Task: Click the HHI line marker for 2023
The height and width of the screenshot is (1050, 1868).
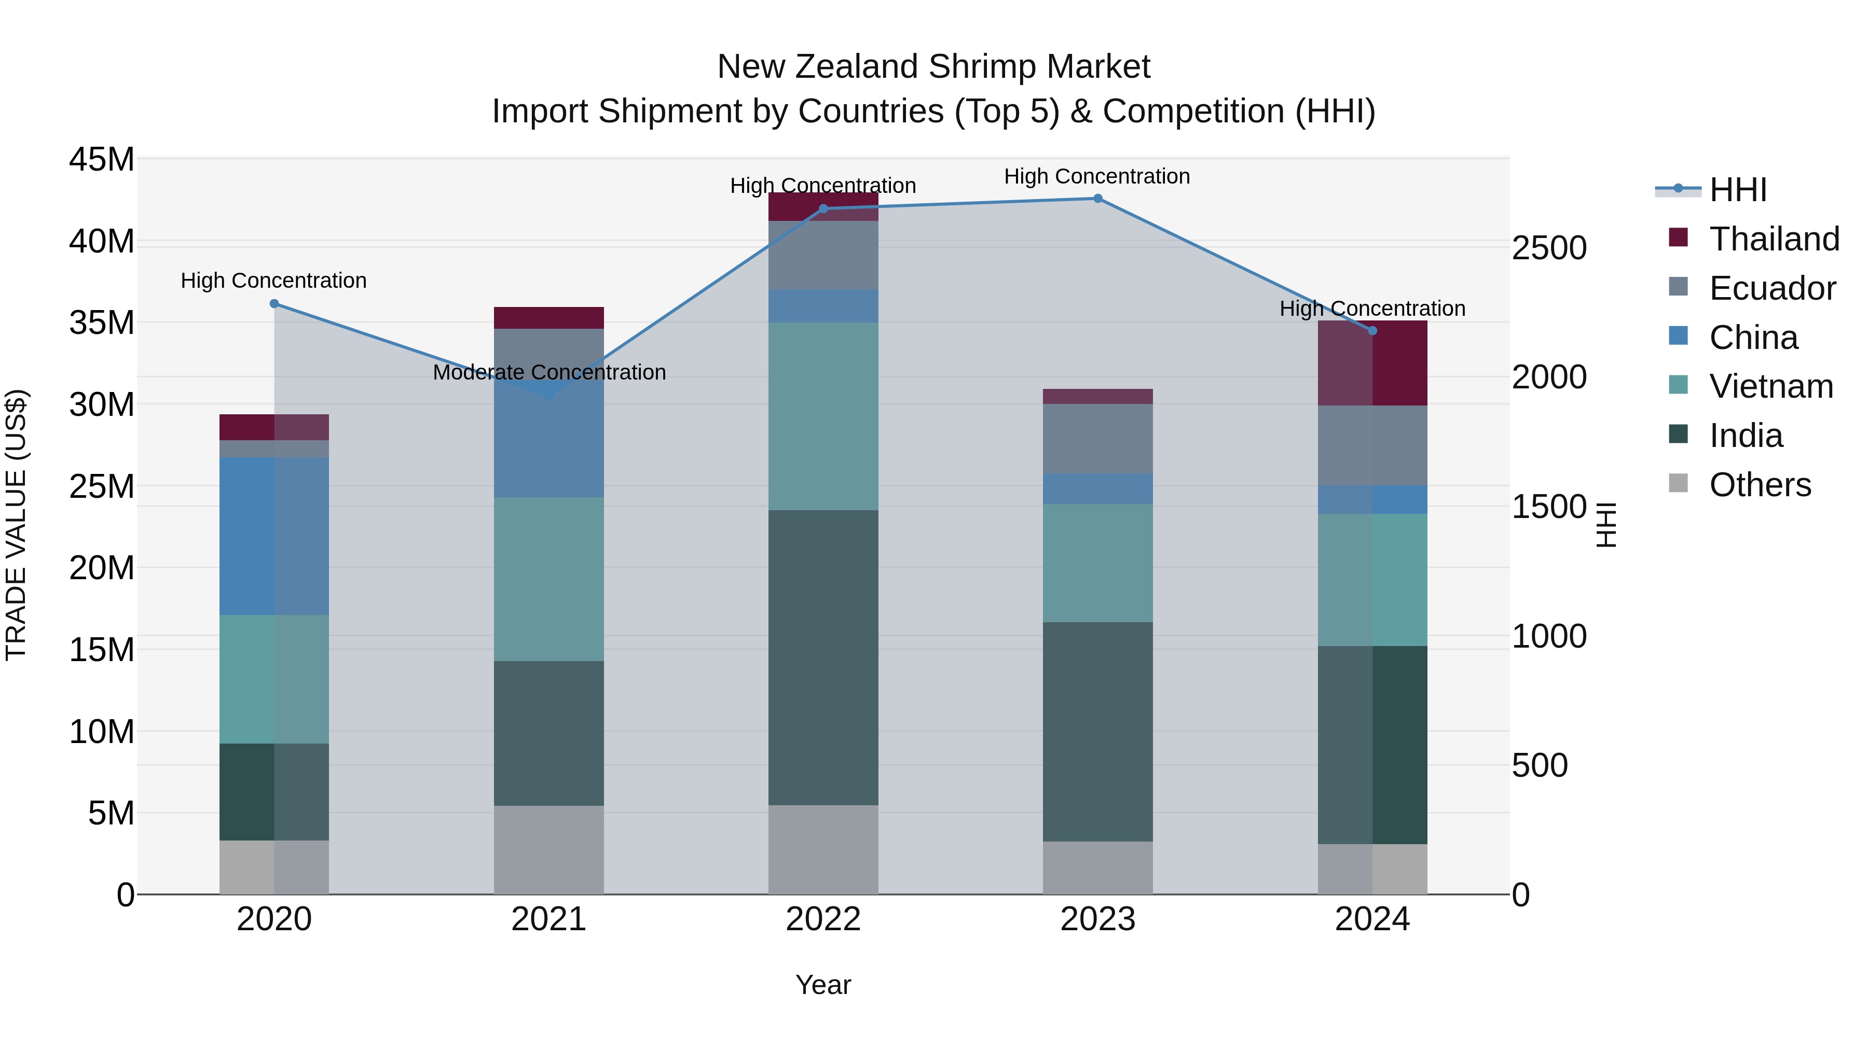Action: click(x=1097, y=199)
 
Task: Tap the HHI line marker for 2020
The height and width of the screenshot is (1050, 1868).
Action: click(x=274, y=304)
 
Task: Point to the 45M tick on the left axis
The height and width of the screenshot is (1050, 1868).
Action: click(x=102, y=159)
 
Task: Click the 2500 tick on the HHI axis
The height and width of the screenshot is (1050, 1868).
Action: click(x=1549, y=248)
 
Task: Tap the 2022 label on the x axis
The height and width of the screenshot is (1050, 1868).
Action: click(x=823, y=919)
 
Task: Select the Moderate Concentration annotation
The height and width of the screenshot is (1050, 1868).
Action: click(x=549, y=372)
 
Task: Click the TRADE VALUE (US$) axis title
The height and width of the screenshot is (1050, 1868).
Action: click(x=17, y=525)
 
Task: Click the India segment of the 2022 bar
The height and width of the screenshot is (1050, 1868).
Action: click(x=823, y=657)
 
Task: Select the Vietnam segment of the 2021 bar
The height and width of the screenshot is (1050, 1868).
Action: click(x=549, y=579)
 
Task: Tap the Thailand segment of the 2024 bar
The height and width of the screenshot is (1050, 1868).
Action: click(x=1372, y=362)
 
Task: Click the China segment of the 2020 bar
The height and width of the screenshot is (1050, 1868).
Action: click(x=274, y=536)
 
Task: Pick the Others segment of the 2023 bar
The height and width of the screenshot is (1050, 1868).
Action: click(x=1097, y=867)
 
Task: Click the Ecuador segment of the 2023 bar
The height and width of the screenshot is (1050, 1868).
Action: click(x=1097, y=438)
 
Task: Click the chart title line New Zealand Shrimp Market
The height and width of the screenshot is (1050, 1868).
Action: click(x=933, y=67)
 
